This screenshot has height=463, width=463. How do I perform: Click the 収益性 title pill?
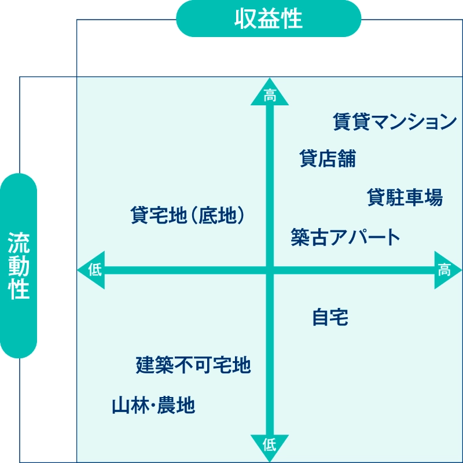tap(269, 19)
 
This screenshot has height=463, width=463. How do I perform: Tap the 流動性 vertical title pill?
tap(19, 266)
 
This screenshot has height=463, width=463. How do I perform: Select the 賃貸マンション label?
tap(395, 122)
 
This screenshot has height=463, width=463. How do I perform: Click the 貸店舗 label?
tap(328, 158)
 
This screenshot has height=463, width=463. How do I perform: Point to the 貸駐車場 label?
tap(405, 197)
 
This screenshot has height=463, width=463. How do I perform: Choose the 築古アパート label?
tap(345, 237)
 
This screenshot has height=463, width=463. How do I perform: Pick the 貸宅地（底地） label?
tap(188, 215)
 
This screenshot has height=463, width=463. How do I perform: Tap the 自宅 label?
tap(330, 317)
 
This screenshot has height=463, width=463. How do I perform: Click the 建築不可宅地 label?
tap(193, 365)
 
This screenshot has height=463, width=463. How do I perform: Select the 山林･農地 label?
tap(153, 405)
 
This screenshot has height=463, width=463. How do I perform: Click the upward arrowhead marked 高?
tap(270, 91)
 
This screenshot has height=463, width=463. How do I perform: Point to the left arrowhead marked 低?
tap(91, 270)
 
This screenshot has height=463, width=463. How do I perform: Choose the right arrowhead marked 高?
tap(448, 270)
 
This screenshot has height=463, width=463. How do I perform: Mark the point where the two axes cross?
tap(270, 270)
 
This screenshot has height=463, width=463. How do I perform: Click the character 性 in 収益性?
tap(292, 19)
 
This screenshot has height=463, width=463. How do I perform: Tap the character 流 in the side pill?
tap(19, 242)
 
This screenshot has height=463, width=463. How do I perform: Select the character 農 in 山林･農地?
tap(166, 405)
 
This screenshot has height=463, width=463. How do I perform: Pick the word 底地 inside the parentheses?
tap(218, 215)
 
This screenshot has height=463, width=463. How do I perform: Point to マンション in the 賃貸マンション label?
tap(414, 122)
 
